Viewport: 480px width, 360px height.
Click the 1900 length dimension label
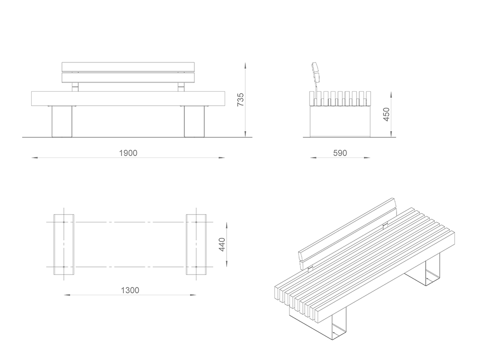pyautogui.click(x=128, y=153)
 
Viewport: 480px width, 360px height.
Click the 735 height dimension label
pyautogui.click(x=240, y=99)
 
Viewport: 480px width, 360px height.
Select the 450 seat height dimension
pyautogui.click(x=386, y=114)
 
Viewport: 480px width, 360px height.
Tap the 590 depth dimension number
pyautogui.click(x=340, y=153)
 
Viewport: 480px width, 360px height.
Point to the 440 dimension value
pyautogui.click(x=222, y=245)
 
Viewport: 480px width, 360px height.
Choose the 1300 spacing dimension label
pyautogui.click(x=130, y=290)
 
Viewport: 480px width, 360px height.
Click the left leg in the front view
pyautogui.click(x=62, y=121)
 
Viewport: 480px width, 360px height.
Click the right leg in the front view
pyautogui.click(x=194, y=121)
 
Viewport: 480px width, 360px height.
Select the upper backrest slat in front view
pyautogui.click(x=128, y=67)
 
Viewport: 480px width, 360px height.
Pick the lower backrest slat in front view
pyautogui.click(x=128, y=77)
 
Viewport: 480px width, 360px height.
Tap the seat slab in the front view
pyautogui.click(x=128, y=98)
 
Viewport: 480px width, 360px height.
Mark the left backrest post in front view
pyautogui.click(x=75, y=87)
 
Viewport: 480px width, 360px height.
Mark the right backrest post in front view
pyautogui.click(x=181, y=87)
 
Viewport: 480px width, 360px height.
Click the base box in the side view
pyautogui.click(x=340, y=121)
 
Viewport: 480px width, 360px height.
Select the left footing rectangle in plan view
pyautogui.click(x=64, y=244)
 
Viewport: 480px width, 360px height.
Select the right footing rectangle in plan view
pyautogui.click(x=196, y=244)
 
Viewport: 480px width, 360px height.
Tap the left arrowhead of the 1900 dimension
pyautogui.click(x=35, y=157)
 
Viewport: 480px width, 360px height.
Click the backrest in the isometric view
pyautogui.click(x=348, y=234)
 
